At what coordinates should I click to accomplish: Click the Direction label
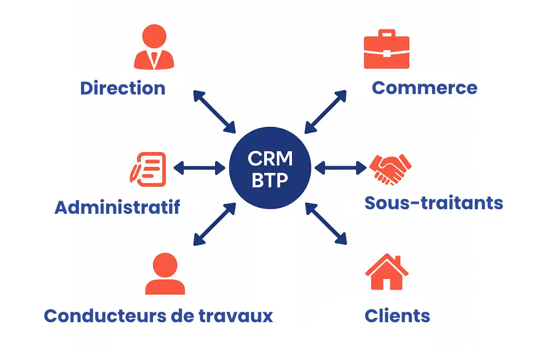(x=122, y=88)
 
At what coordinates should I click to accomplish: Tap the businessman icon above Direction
(x=154, y=48)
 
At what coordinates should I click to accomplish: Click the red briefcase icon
(x=387, y=49)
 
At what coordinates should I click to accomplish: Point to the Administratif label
(x=117, y=207)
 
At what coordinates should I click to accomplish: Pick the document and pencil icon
(x=148, y=169)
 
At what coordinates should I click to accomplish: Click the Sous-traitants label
(x=433, y=203)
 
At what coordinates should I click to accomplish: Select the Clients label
(x=397, y=316)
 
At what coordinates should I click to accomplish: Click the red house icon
(x=387, y=272)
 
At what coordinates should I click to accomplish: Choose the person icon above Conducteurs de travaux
(x=165, y=274)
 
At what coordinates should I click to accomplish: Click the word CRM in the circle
(x=270, y=159)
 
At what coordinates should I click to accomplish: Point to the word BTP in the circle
(x=270, y=181)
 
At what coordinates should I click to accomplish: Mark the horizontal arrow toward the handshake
(x=341, y=168)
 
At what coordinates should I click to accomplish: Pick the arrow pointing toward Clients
(x=326, y=224)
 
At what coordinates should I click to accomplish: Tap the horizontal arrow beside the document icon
(x=199, y=168)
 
